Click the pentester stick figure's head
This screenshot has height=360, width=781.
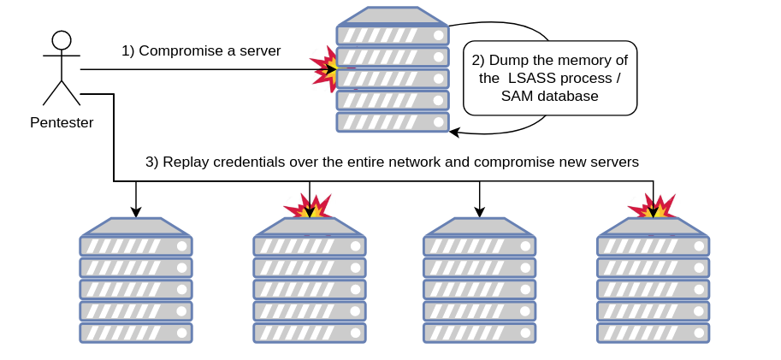pyautogui.click(x=62, y=40)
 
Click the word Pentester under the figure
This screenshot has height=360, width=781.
pyautogui.click(x=62, y=122)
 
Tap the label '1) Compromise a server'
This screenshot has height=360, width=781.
pyautogui.click(x=201, y=51)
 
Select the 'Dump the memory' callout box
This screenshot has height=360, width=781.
pyautogui.click(x=550, y=78)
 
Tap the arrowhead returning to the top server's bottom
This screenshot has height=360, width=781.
pyautogui.click(x=454, y=132)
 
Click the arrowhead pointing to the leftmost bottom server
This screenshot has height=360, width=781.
pyautogui.click(x=135, y=212)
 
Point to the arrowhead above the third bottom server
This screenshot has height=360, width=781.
pyautogui.click(x=480, y=212)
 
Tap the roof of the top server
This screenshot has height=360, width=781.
pyautogui.click(x=393, y=16)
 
